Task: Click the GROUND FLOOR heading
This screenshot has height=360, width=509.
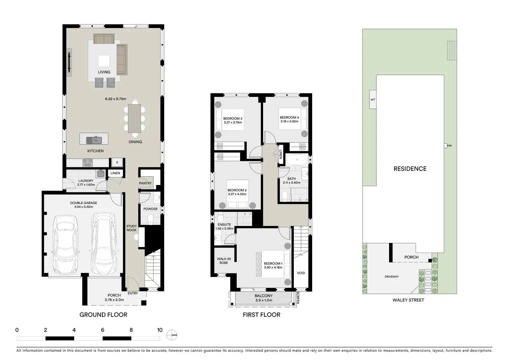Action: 103,315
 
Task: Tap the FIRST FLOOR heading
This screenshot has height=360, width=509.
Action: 261,315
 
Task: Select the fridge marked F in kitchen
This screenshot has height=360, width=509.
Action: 117,163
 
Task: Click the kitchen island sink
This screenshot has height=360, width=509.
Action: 94,140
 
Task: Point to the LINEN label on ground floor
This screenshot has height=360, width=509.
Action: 115,173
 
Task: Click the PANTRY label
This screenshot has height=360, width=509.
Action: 145,183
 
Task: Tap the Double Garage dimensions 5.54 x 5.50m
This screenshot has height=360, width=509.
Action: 84,207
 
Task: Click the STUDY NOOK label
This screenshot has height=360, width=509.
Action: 131,228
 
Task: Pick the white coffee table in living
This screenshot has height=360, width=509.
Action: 104,61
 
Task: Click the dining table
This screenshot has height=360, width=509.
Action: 135,118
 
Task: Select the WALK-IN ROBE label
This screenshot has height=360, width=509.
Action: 224,261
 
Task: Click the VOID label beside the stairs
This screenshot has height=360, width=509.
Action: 301,273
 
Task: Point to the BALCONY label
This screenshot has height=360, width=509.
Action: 263,296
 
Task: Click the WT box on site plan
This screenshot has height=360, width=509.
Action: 373,100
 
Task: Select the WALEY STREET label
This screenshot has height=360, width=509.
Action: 408,300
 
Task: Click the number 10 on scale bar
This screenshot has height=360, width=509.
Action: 160,330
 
